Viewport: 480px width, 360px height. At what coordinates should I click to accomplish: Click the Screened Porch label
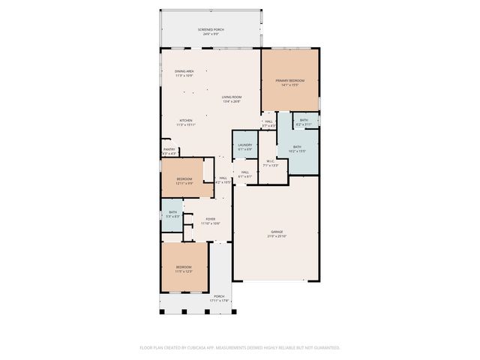click(x=211, y=29)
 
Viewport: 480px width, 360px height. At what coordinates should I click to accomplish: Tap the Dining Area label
click(x=184, y=71)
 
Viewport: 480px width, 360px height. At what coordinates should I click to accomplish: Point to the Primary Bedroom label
click(x=289, y=80)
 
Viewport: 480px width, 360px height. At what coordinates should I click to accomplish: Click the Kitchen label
click(x=185, y=121)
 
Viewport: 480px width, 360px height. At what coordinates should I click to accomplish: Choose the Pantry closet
click(x=169, y=150)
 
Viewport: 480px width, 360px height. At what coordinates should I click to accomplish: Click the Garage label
click(x=277, y=232)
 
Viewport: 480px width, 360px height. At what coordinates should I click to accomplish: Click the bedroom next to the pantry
click(x=184, y=179)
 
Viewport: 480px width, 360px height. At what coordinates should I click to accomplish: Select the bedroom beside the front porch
click(x=184, y=268)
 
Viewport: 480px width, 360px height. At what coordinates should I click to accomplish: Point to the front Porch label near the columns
click(x=219, y=296)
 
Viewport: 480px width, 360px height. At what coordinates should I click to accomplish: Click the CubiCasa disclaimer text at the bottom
click(x=240, y=347)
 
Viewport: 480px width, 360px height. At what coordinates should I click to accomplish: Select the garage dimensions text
click(x=277, y=236)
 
